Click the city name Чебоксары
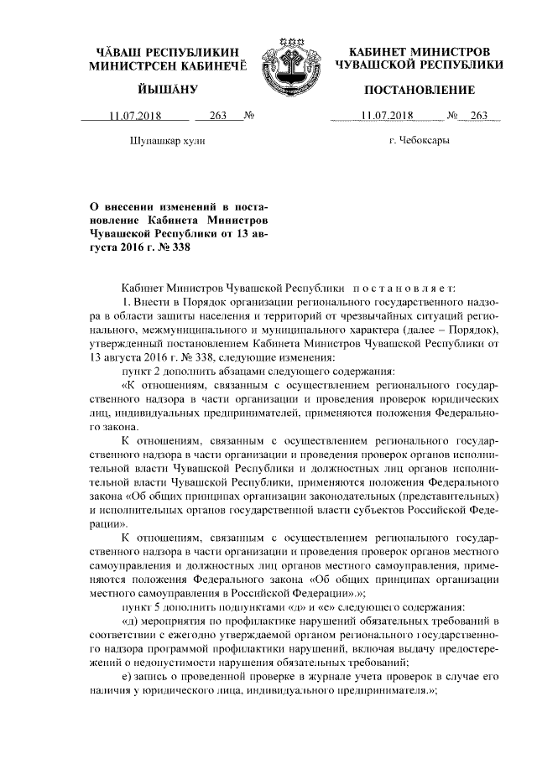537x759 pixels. [419, 140]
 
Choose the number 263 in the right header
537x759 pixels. [479, 117]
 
